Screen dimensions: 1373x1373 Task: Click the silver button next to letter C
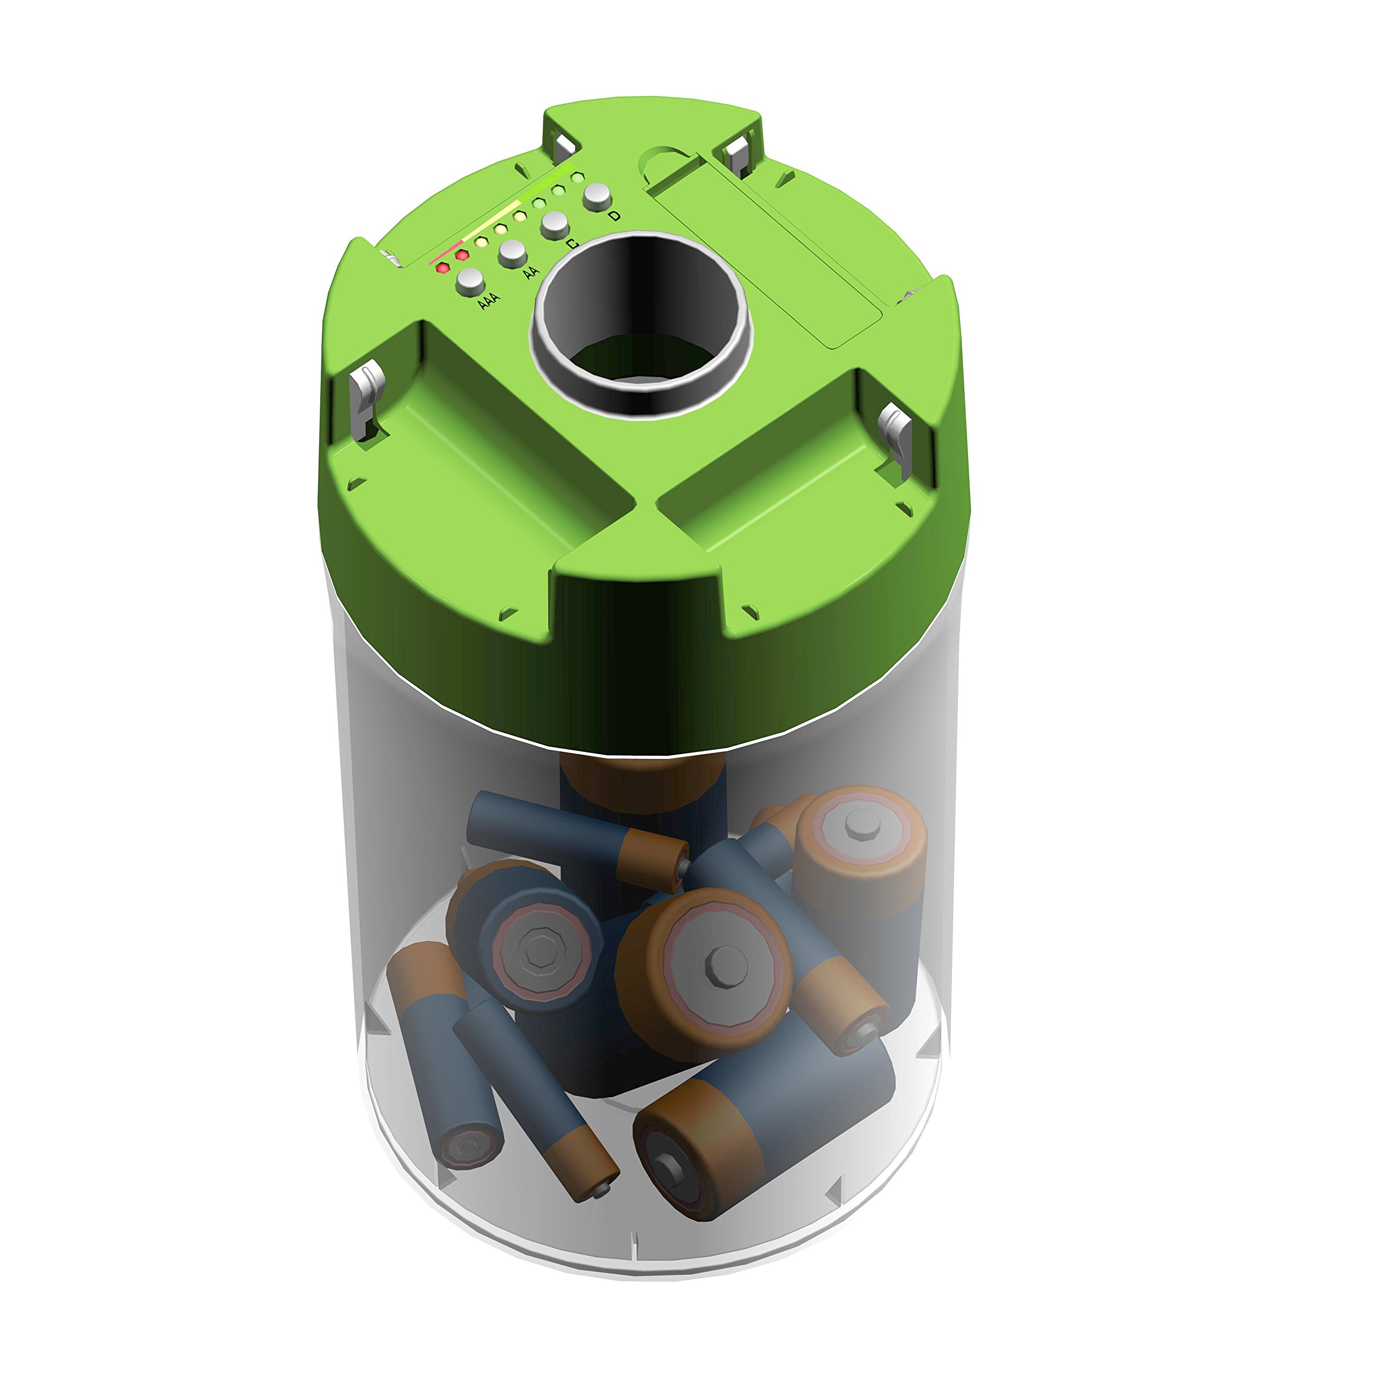[555, 225]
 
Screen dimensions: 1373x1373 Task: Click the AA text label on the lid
[530, 272]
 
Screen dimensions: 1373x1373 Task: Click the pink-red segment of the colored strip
[446, 254]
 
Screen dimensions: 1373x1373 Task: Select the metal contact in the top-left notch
[565, 146]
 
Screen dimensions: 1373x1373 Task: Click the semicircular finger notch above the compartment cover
[665, 160]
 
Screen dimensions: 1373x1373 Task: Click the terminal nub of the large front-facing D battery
[726, 965]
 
